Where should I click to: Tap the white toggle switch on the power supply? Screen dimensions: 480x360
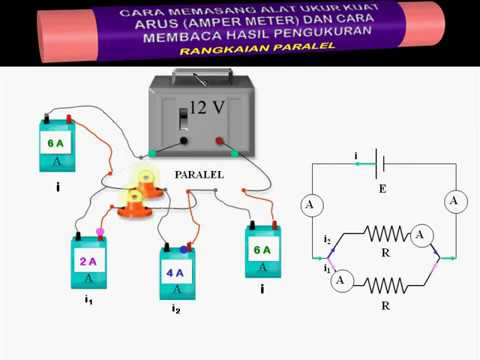click(x=183, y=119)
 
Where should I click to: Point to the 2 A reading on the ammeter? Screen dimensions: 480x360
click(x=88, y=261)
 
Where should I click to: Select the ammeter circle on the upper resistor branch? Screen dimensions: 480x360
click(x=423, y=235)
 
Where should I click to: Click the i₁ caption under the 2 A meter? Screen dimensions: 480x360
click(x=88, y=299)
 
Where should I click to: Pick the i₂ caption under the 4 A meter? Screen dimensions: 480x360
click(x=175, y=310)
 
